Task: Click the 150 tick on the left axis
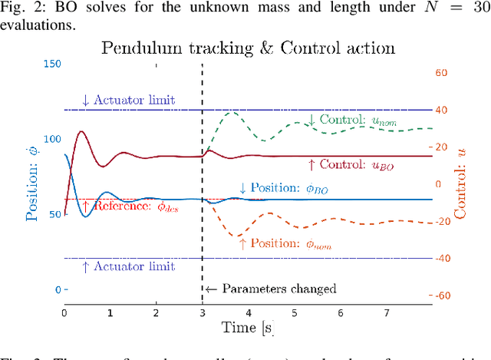pos(51,64)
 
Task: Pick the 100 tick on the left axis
pos(51,139)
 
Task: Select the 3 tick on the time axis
pos(202,313)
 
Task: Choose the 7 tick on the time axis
pos(387,313)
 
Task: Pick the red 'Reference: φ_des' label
pos(130,207)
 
